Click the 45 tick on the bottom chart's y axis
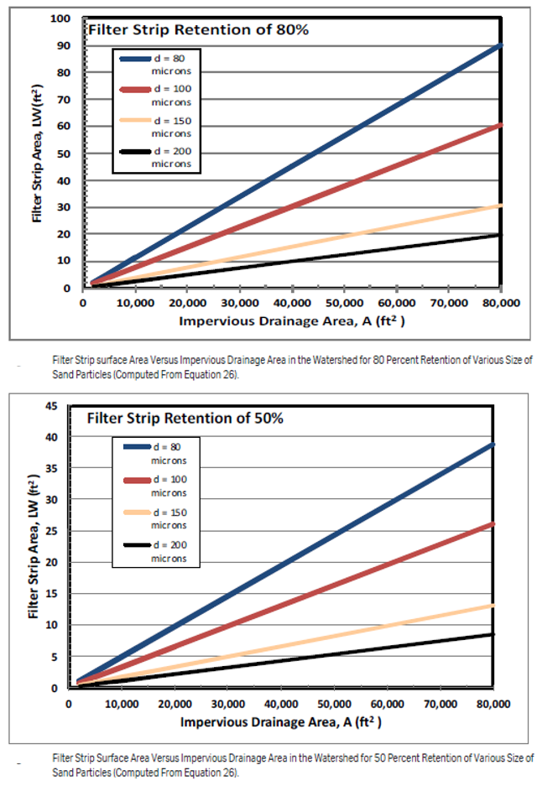[52, 406]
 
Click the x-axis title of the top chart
[292, 321]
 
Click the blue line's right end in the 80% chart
[500, 45]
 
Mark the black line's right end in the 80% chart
[500, 235]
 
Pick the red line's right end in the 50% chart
[493, 523]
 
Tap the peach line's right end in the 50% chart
[493, 606]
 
